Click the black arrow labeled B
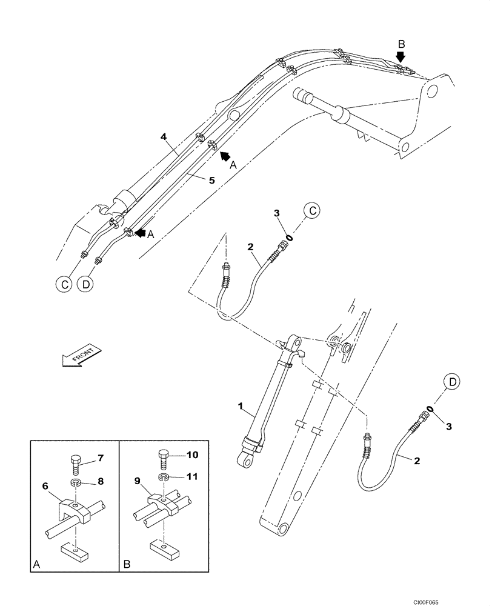click(x=400, y=57)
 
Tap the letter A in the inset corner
click(x=38, y=564)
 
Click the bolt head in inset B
click(x=164, y=454)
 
